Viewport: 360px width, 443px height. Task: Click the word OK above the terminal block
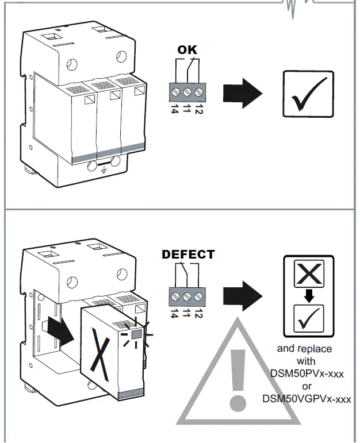point(187,50)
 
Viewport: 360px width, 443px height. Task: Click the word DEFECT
point(188,255)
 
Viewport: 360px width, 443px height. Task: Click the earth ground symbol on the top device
point(104,169)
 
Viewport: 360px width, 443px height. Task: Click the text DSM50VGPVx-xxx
point(307,398)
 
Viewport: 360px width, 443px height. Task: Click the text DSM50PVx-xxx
point(307,373)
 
